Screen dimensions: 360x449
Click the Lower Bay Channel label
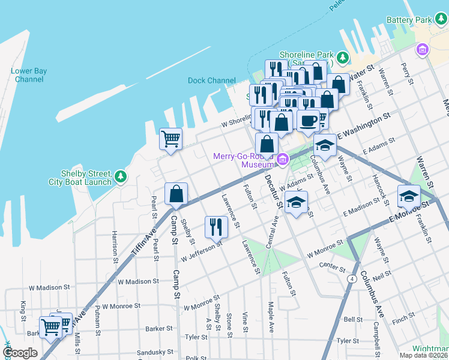[29, 75]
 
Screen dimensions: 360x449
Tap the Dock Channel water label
[211, 80]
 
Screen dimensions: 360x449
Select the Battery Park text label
[409, 20]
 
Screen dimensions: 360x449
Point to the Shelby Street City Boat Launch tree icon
[121, 176]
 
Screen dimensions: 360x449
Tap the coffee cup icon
[309, 121]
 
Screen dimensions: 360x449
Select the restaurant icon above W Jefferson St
[215, 226]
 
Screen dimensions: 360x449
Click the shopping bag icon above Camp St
[176, 194]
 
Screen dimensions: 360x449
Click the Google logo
[20, 353]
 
